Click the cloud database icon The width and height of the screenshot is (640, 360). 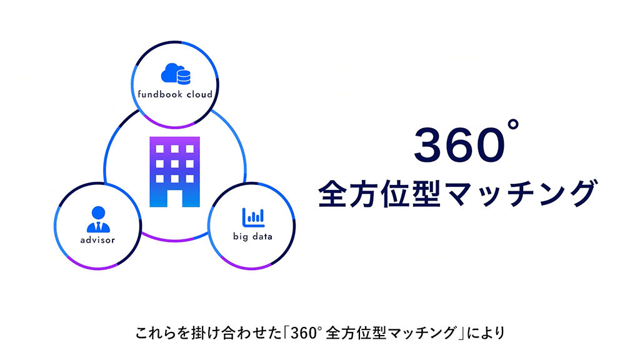click(176, 74)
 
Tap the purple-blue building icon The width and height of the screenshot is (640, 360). click(174, 171)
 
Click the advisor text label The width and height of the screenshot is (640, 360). click(97, 240)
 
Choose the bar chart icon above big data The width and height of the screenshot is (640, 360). click(253, 216)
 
